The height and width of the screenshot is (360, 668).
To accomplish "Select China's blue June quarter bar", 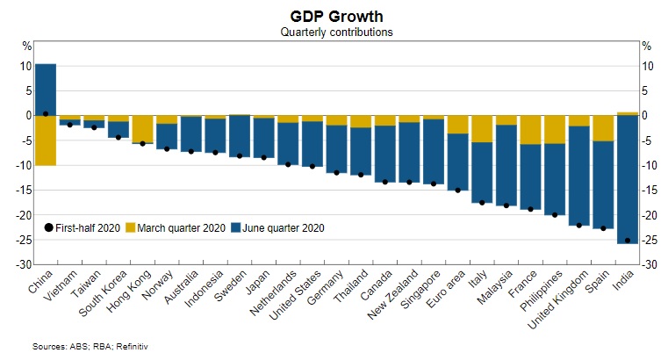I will [x=46, y=90].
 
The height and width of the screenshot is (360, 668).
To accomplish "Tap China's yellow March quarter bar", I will [x=46, y=140].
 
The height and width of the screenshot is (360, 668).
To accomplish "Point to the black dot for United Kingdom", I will [x=578, y=225].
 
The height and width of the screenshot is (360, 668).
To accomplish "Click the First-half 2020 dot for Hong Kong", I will [x=143, y=143].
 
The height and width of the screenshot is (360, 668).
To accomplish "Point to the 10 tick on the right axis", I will [x=646, y=66].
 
